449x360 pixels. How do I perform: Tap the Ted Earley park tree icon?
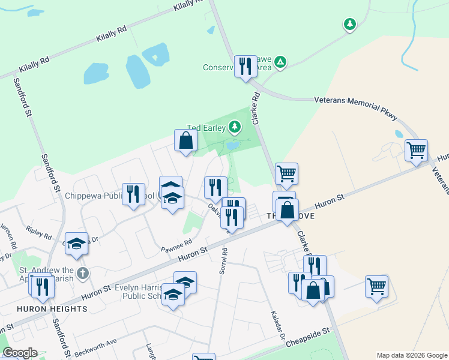pyautogui.click(x=235, y=127)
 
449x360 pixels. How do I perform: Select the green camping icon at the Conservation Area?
pyautogui.click(x=280, y=62)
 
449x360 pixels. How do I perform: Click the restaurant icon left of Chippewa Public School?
pyautogui.click(x=133, y=194)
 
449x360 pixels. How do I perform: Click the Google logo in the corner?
pyautogui.click(x=20, y=353)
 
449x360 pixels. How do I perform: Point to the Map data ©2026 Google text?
pyautogui.click(x=411, y=355)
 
